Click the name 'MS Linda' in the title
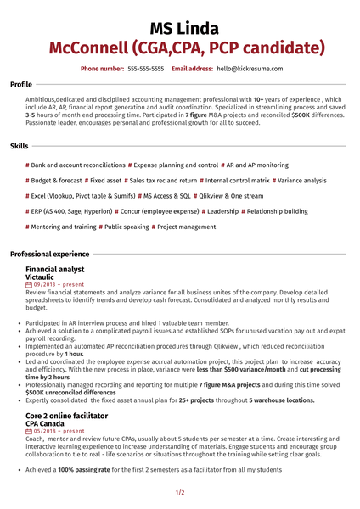pyautogui.click(x=179, y=27)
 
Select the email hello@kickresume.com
pyautogui.click(x=250, y=68)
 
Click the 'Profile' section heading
pyautogui.click(x=21, y=85)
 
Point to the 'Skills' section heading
pyautogui.click(x=19, y=147)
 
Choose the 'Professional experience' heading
pyautogui.click(x=49, y=254)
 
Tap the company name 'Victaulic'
pyautogui.click(x=44, y=277)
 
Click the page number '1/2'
pyautogui.click(x=180, y=492)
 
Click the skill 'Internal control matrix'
pyautogui.click(x=237, y=180)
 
